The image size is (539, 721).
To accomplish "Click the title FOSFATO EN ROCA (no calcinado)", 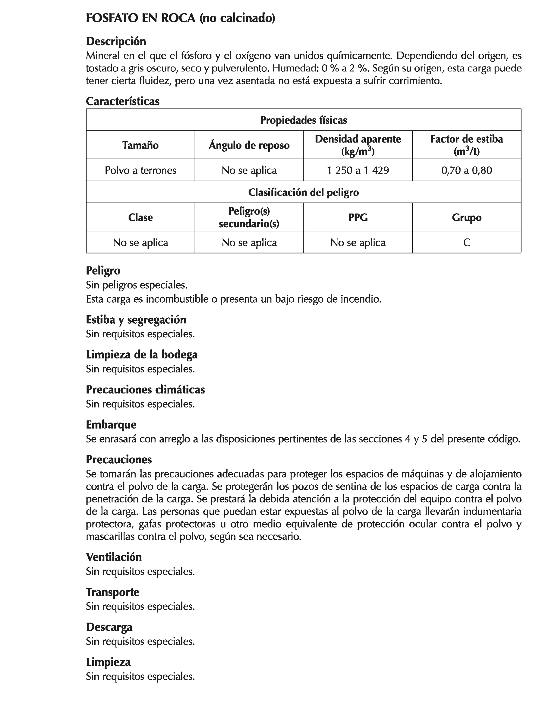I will [180, 18].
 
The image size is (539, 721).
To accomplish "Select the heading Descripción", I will [116, 41].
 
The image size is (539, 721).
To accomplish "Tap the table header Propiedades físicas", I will [303, 120].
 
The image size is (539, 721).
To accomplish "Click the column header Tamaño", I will [141, 145].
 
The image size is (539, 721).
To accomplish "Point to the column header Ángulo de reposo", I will [249, 145].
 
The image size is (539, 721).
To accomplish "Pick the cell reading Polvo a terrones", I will [141, 170].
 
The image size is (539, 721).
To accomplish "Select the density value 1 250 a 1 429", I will [358, 170].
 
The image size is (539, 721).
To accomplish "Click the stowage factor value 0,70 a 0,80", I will [466, 170].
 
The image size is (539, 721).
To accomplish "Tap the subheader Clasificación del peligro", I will [303, 192].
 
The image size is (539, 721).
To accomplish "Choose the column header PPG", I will [358, 217].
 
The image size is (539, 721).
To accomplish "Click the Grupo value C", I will [466, 243].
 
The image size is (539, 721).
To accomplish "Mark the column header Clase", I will [141, 217].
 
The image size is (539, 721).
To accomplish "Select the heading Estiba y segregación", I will [136, 320].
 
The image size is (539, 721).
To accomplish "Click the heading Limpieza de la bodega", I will [142, 355].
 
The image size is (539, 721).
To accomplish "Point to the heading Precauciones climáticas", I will [145, 390].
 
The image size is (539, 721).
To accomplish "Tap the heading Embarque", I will [111, 425].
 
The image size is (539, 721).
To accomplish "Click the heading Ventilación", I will [114, 557].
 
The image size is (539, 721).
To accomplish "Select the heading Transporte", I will [112, 592].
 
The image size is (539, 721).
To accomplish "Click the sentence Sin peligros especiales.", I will [137, 285].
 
